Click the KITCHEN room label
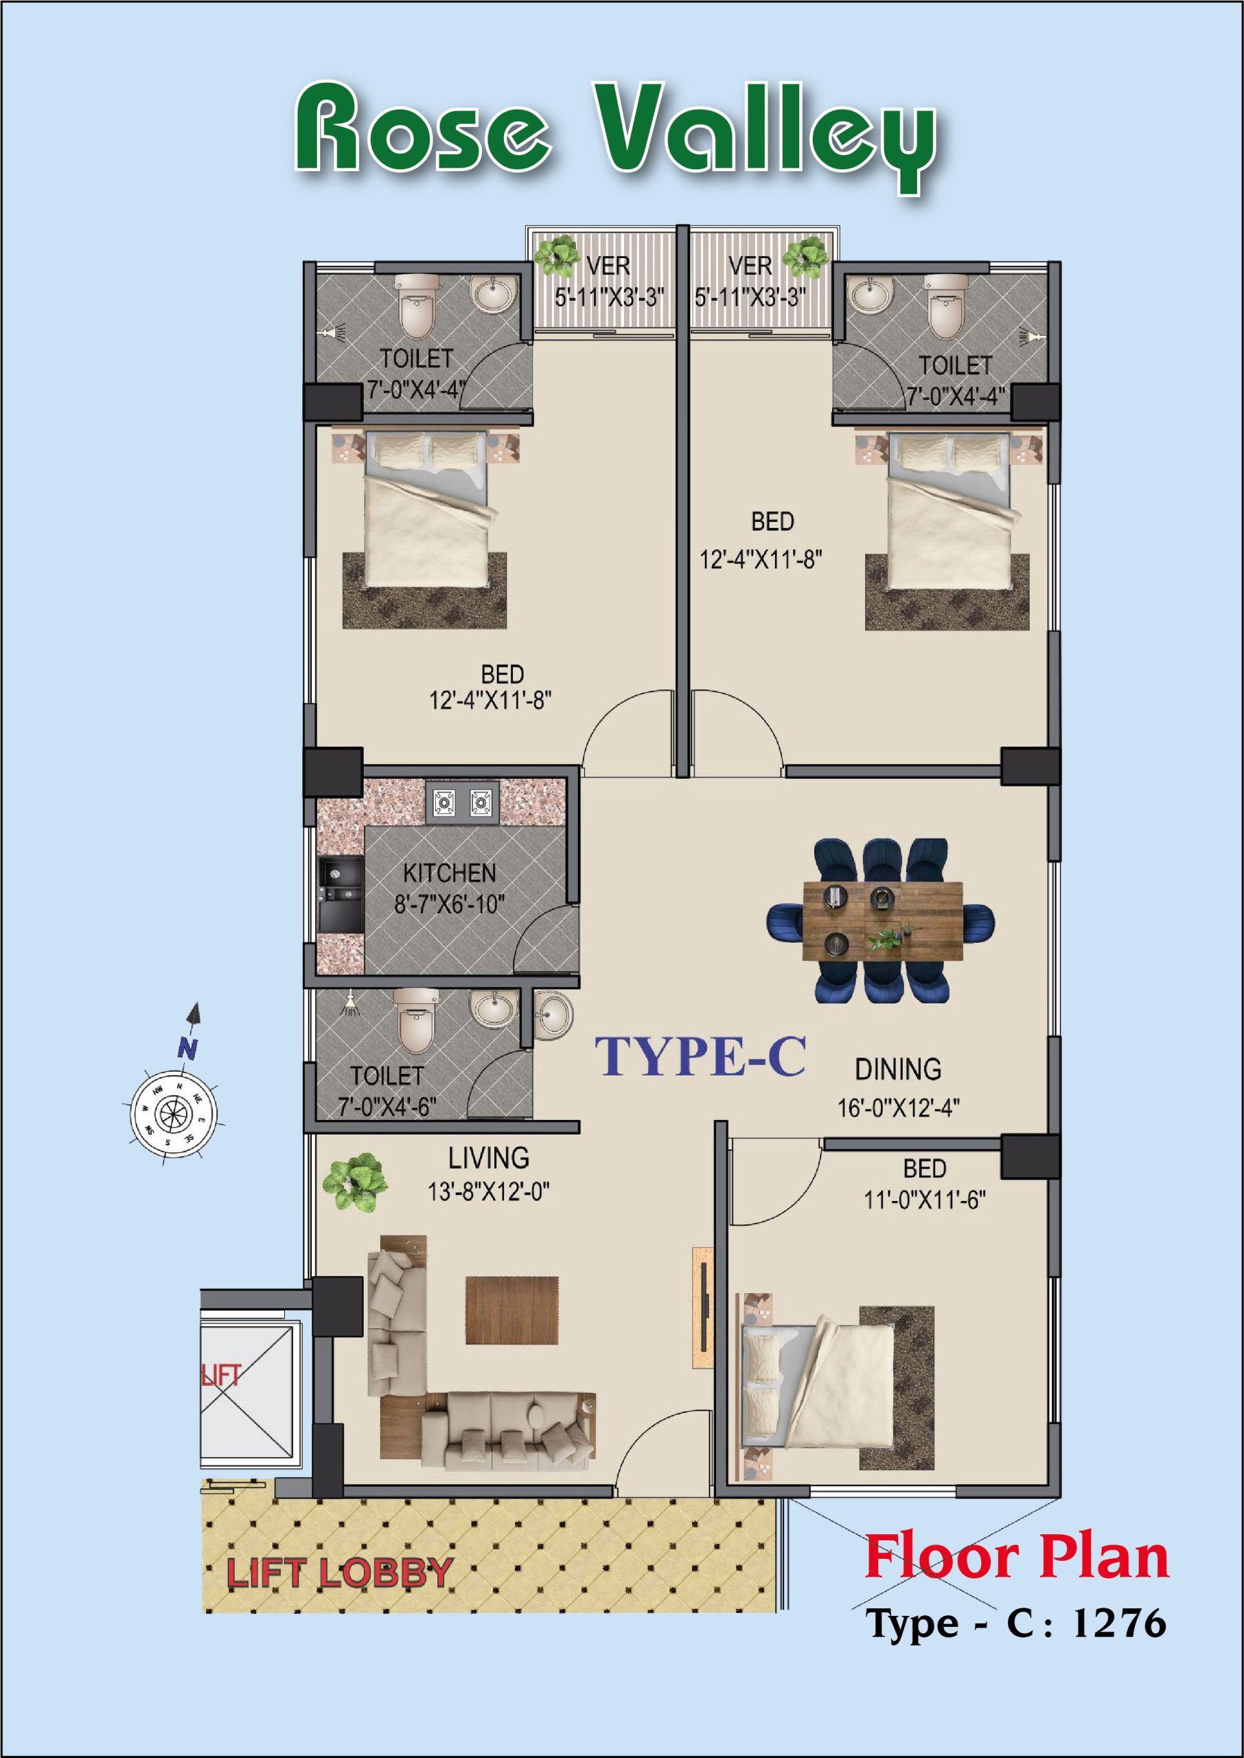(450, 874)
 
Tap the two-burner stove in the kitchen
(462, 803)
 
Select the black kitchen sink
(340, 895)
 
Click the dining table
(882, 920)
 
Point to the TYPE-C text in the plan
(700, 1056)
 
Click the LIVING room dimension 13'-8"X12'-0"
(489, 1192)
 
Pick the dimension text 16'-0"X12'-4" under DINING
(899, 1108)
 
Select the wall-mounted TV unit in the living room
(702, 1315)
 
